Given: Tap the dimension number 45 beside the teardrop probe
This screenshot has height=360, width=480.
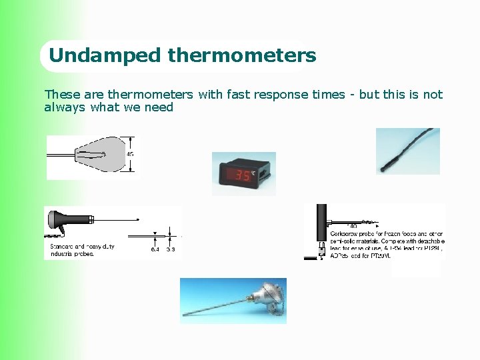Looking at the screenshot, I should (x=129, y=154).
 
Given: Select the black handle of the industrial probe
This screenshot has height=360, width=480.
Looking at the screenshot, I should (x=69, y=219).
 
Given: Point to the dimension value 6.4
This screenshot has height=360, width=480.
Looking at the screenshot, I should (x=155, y=249).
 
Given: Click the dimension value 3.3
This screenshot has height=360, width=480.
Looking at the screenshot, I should (x=171, y=249).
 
